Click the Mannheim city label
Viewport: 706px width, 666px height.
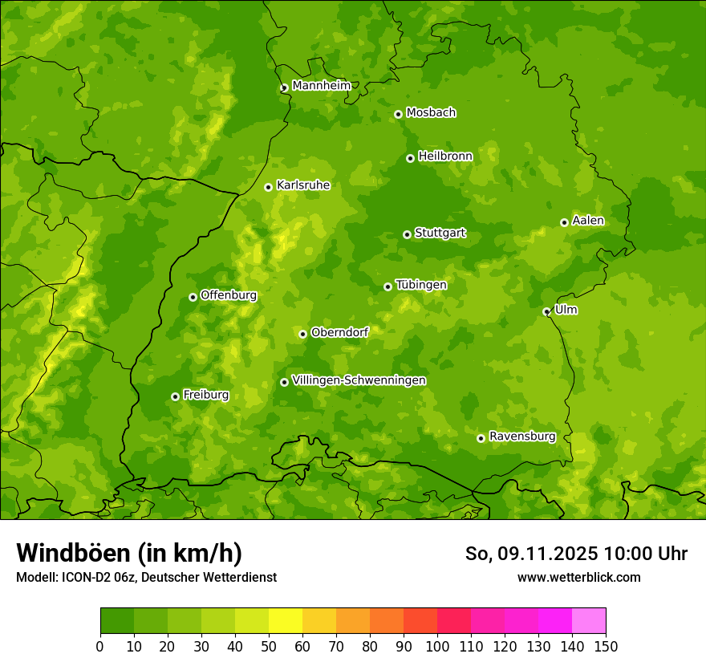click(x=321, y=86)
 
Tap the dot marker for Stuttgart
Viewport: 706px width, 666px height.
click(x=407, y=234)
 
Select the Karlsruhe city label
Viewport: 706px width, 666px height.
click(x=302, y=185)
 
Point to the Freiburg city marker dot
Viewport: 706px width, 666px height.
click(x=175, y=396)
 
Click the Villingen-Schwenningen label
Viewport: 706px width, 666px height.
click(x=359, y=380)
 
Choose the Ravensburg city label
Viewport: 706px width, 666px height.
click(x=521, y=437)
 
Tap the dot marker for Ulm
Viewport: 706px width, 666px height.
click(x=546, y=311)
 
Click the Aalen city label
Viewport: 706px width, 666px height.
click(x=587, y=221)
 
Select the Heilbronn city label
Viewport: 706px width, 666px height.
click(x=445, y=156)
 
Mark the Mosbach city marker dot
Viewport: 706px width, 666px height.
click(x=398, y=114)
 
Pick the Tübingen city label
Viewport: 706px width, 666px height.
click(x=420, y=285)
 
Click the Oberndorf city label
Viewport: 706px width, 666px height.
click(x=339, y=332)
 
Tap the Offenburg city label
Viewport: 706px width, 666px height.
click(x=228, y=295)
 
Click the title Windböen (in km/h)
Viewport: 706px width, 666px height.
click(x=129, y=553)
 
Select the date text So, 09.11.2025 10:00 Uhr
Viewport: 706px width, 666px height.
click(x=576, y=554)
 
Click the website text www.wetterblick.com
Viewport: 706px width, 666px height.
click(x=578, y=577)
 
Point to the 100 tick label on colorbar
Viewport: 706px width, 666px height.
click(x=437, y=647)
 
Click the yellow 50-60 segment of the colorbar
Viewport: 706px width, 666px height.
click(x=285, y=621)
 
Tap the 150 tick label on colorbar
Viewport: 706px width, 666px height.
click(x=606, y=647)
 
